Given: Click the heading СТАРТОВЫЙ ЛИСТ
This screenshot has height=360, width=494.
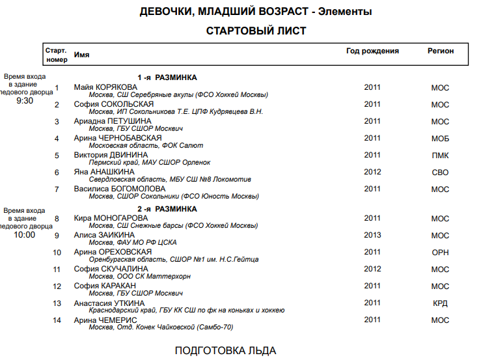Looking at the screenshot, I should tap(256, 31).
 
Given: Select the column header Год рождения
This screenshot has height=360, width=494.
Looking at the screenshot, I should tap(372, 51).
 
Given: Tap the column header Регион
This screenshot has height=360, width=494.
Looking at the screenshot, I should tap(441, 51).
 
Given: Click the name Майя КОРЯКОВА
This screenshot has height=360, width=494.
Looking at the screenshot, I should tap(105, 87).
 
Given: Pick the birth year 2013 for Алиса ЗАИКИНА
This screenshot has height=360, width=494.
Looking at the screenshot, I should tap(372, 235).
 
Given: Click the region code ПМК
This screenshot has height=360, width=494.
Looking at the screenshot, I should tap(440, 156).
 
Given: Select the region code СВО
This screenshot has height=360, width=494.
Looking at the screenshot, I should tap(440, 173).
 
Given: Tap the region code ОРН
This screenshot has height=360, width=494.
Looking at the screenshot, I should tap(440, 253).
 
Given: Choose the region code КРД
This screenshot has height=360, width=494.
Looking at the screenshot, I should tap(440, 303).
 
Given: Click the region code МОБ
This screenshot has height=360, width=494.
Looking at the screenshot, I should tap(440, 139).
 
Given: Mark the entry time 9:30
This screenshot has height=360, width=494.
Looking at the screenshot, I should tap(25, 101).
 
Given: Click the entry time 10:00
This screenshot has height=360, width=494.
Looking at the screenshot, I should tap(25, 234).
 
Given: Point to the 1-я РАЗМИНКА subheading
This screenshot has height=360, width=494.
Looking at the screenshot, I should tap(167, 77).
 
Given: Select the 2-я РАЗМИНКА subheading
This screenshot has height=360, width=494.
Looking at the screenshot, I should tap(167, 209).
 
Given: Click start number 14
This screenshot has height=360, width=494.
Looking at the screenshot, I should tap(57, 320).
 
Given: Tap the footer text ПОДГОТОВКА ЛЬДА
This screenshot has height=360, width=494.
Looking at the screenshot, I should tap(225, 351).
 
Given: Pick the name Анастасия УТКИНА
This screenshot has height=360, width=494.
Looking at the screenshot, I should tap(109, 303).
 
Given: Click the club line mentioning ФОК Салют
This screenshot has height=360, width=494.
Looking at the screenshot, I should tap(146, 146).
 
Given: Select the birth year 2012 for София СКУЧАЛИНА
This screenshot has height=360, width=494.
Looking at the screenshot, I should tap(372, 269).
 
